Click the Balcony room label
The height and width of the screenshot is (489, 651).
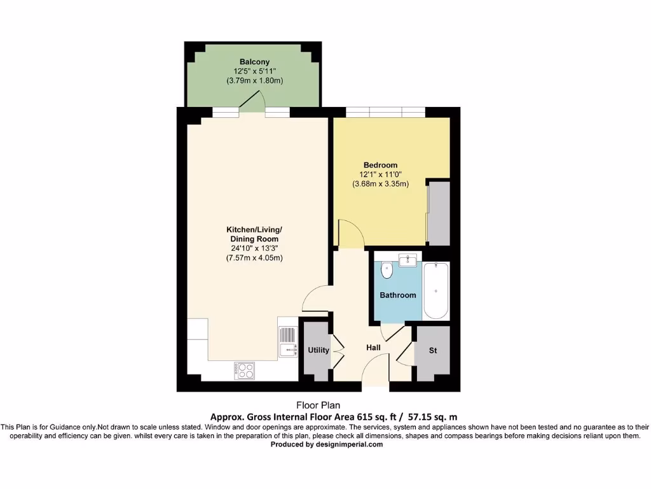pyautogui.click(x=254, y=62)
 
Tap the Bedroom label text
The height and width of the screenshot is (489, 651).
pyautogui.click(x=381, y=165)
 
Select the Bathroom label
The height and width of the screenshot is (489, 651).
pyautogui.click(x=398, y=295)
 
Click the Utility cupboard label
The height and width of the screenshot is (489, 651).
pyautogui.click(x=319, y=350)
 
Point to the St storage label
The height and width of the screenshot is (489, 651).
pyautogui.click(x=433, y=351)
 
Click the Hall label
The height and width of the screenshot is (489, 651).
pyautogui.click(x=373, y=348)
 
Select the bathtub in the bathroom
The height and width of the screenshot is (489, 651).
pyautogui.click(x=436, y=290)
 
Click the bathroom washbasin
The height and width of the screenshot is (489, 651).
pyautogui.click(x=407, y=260)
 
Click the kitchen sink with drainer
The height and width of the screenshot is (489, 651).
pyautogui.click(x=287, y=341)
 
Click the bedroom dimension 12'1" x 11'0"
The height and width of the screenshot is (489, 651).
pyautogui.click(x=381, y=174)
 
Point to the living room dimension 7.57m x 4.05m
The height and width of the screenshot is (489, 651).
pyautogui.click(x=254, y=258)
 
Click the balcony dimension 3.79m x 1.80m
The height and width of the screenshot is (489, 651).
pyautogui.click(x=254, y=81)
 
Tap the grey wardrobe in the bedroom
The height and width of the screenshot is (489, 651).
pyautogui.click(x=438, y=213)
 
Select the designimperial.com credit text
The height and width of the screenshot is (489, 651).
pyautogui.click(x=327, y=445)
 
